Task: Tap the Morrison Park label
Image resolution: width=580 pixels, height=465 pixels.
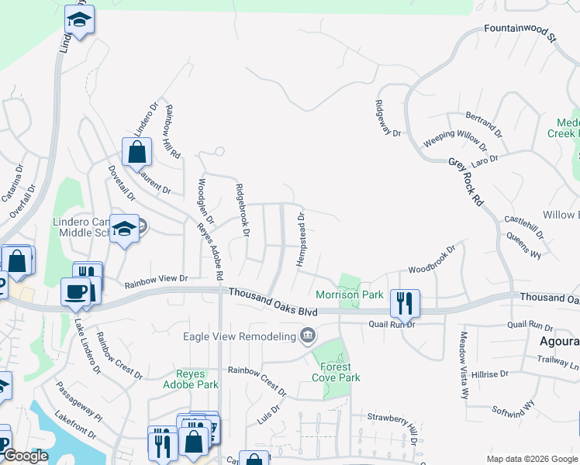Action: (350, 294)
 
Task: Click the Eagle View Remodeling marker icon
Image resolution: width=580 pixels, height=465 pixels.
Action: (308, 336)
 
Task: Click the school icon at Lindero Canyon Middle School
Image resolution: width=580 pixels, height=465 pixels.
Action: (124, 229)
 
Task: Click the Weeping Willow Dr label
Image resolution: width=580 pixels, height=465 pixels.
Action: (455, 139)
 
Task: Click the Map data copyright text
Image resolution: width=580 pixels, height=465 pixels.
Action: (531, 459)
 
